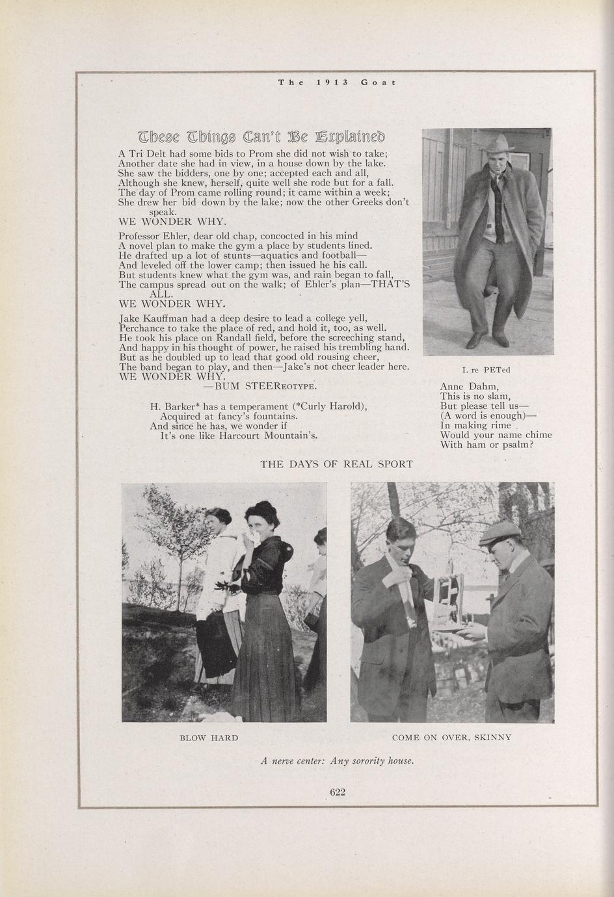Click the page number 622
click(x=337, y=792)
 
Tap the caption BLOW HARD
click(x=209, y=738)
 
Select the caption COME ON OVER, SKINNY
click(x=451, y=738)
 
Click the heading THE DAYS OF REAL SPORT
click(x=336, y=464)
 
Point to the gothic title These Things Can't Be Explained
click(x=261, y=137)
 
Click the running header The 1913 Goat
click(x=336, y=82)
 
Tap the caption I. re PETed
click(x=486, y=370)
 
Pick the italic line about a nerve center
click(x=337, y=760)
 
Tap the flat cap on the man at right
click(x=500, y=534)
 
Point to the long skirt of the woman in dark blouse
click(x=263, y=656)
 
